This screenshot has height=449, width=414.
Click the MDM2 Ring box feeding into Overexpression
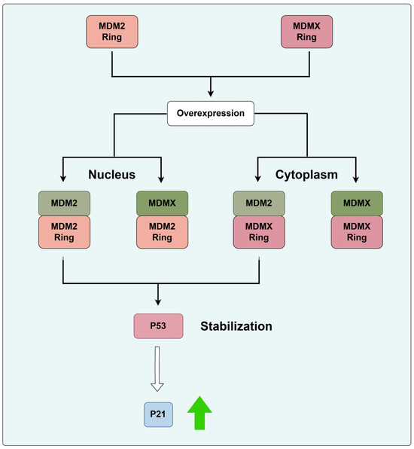tap(112, 32)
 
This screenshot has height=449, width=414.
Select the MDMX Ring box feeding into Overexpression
tap(306, 32)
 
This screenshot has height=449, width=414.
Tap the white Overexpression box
tap(211, 114)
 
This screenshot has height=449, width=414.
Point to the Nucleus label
tap(111, 174)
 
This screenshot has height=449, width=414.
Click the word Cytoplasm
tap(306, 174)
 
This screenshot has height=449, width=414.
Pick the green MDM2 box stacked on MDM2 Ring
tap(65, 203)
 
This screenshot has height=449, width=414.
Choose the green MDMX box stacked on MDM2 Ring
tap(163, 203)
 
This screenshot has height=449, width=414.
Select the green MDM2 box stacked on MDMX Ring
tap(259, 203)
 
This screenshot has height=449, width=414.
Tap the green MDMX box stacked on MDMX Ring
tap(357, 203)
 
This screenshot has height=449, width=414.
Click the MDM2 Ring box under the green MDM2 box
tap(65, 232)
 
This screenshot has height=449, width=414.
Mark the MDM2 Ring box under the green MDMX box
tap(163, 232)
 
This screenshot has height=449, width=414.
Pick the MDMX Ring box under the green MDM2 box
tap(259, 232)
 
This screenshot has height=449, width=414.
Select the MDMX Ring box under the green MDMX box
tap(357, 232)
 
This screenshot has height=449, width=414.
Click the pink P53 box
tap(158, 326)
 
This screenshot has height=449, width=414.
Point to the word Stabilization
tap(236, 326)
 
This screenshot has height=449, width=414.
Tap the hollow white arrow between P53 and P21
tap(157, 369)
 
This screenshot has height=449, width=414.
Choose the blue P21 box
tap(158, 414)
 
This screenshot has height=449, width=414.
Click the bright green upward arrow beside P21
tap(199, 413)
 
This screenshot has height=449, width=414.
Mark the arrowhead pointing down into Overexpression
tap(211, 93)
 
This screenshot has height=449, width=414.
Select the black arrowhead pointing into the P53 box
tap(158, 302)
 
